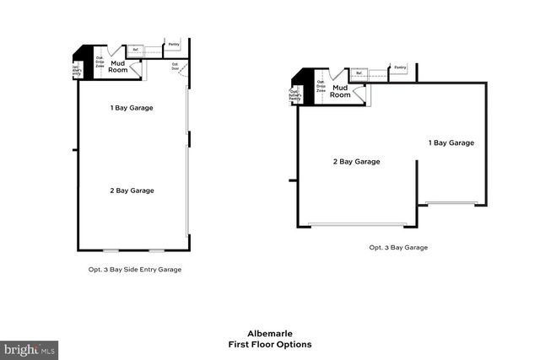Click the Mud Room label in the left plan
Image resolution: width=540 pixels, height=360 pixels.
(x=118, y=65)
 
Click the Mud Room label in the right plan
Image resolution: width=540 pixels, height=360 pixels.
(x=340, y=91)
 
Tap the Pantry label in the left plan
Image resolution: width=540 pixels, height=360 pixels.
(x=174, y=44)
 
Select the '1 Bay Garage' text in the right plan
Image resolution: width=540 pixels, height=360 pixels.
(x=451, y=142)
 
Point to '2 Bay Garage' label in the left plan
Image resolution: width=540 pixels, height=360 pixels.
(x=131, y=191)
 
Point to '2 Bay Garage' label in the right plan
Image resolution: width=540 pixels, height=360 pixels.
(x=356, y=161)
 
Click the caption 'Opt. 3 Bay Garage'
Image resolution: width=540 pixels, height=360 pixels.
(x=398, y=248)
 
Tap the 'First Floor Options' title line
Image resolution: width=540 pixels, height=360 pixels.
(x=269, y=344)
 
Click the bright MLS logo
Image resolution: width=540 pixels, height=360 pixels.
(x=30, y=348)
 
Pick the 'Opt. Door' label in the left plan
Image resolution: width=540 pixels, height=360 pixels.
(x=175, y=65)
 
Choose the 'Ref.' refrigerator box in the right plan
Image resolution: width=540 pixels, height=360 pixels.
(x=359, y=73)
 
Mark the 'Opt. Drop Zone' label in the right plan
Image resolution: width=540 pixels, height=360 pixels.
(x=321, y=86)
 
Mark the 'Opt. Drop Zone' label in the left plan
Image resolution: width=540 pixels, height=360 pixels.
(x=99, y=62)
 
